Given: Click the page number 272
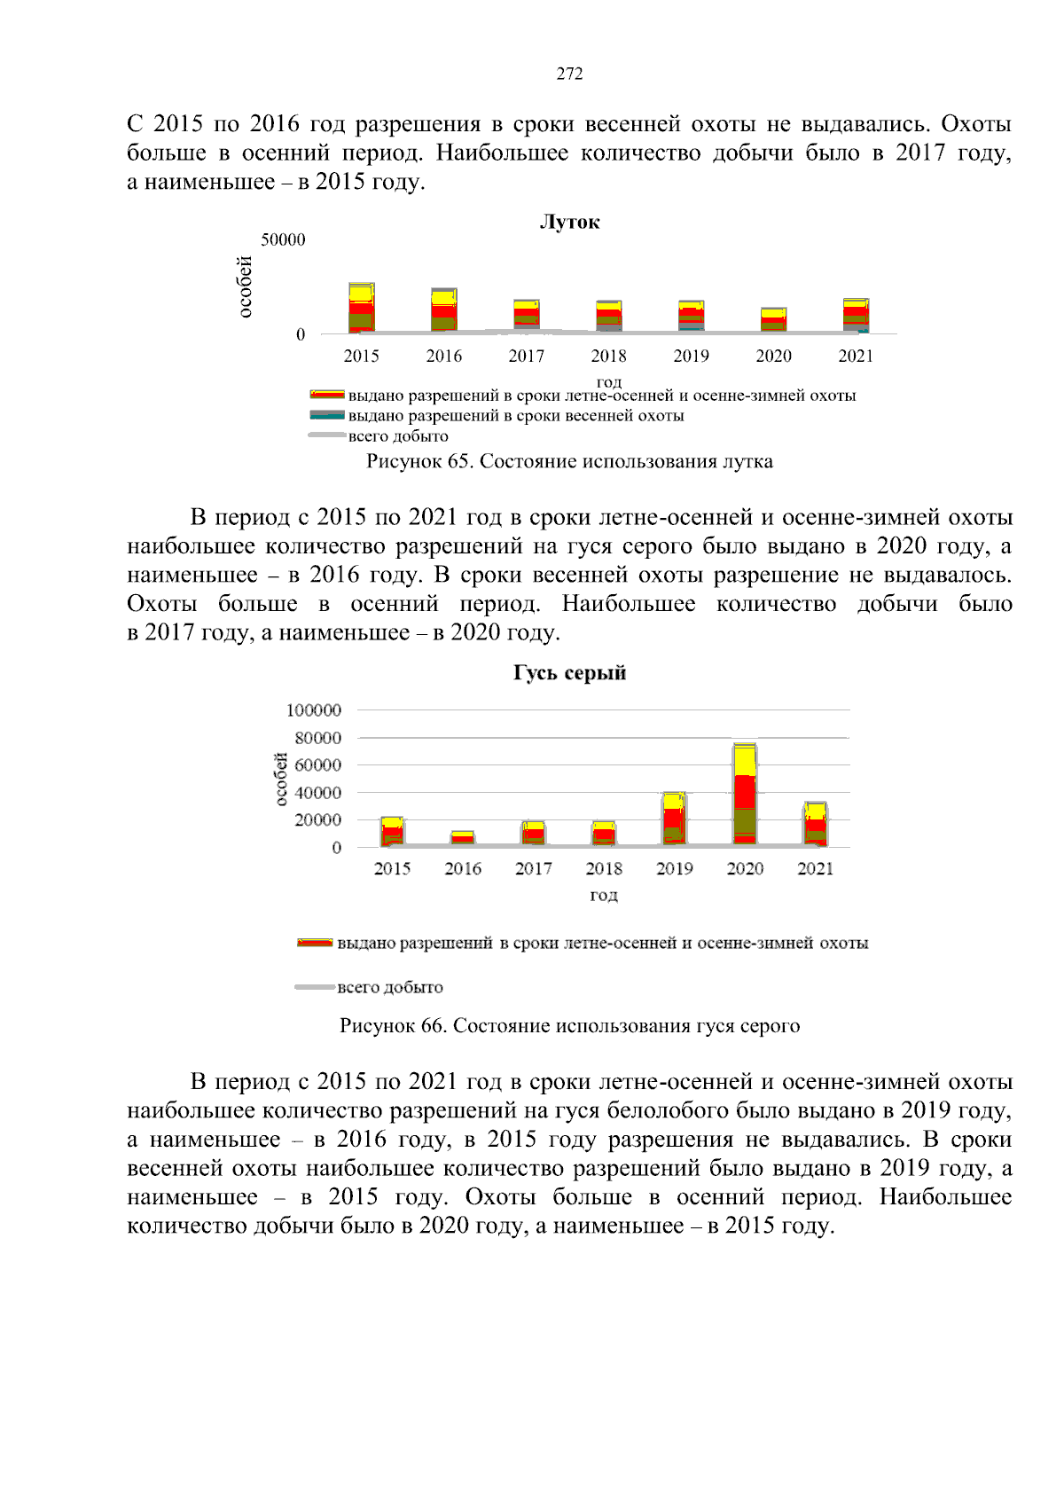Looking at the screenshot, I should [x=569, y=74].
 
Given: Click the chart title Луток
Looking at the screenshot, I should [x=569, y=222].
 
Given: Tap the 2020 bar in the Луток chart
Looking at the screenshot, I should [x=773, y=320].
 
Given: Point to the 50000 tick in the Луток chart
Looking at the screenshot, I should [x=283, y=239].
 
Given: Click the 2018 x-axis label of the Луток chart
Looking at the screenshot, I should [x=608, y=356].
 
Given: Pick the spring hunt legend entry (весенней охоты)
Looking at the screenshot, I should [x=515, y=415].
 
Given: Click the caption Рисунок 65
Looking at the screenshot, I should [x=569, y=461].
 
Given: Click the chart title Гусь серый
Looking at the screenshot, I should [x=569, y=672].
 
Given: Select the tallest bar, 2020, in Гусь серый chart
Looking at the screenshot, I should [x=745, y=794].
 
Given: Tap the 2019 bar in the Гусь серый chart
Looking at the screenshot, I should [x=674, y=819].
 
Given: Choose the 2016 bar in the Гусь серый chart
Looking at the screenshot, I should [x=463, y=838].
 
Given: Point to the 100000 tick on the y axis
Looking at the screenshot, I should [x=314, y=709].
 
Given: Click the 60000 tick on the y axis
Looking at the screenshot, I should [x=317, y=764].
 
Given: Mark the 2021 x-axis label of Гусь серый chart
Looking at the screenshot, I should [x=815, y=868].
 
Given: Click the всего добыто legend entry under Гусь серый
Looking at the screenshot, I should [x=389, y=987].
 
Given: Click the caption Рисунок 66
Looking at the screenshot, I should [x=569, y=1026].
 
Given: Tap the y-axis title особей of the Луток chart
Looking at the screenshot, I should [x=245, y=286].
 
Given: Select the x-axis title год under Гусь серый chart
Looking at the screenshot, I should [x=603, y=895].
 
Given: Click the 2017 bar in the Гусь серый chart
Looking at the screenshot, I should [x=533, y=833].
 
